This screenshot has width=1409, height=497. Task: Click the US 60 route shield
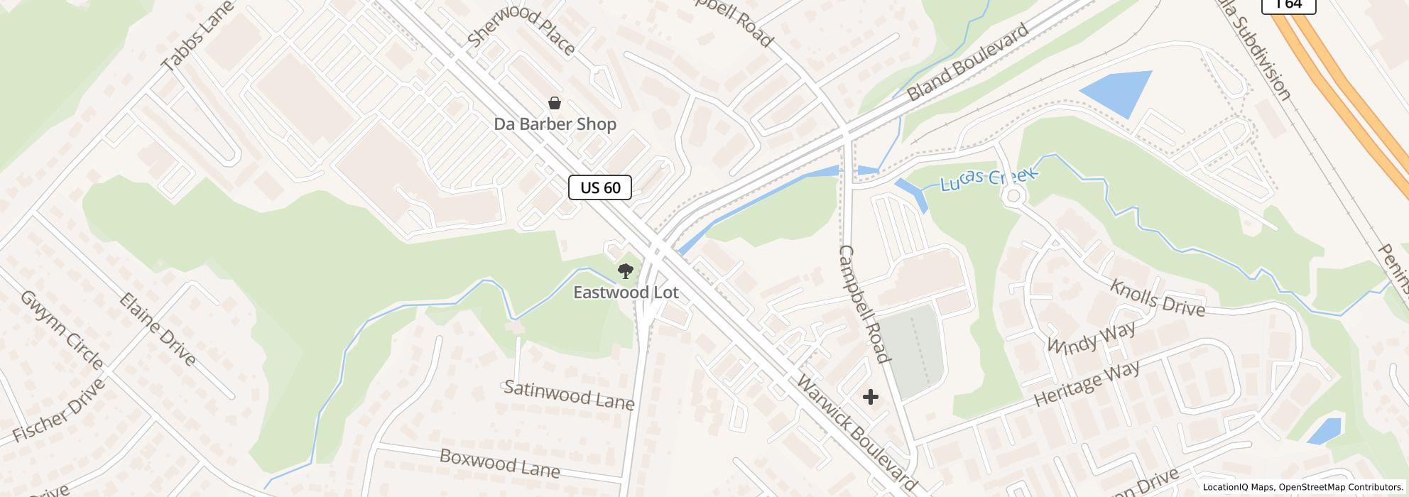[x=600, y=187]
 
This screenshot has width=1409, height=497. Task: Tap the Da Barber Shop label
[x=555, y=124]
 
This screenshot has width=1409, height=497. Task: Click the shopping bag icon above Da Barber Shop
[x=555, y=104]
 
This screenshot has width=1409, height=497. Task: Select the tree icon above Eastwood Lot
[x=625, y=271]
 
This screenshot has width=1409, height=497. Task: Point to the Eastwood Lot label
[x=626, y=292]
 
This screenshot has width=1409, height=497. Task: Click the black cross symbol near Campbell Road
[x=870, y=397]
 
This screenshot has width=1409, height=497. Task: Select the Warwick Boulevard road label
[x=856, y=431]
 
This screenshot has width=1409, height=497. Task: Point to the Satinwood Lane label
[x=568, y=395]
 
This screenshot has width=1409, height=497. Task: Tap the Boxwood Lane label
[x=499, y=463]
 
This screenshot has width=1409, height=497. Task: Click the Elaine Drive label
[x=158, y=328]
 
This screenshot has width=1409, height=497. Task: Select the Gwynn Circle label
[x=62, y=329]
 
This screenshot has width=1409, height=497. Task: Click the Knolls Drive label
[x=1157, y=298]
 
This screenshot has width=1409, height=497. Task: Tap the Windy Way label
[x=1092, y=337]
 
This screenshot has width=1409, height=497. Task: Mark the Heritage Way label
[x=1087, y=383]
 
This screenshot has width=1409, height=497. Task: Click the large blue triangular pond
[x=1119, y=91]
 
